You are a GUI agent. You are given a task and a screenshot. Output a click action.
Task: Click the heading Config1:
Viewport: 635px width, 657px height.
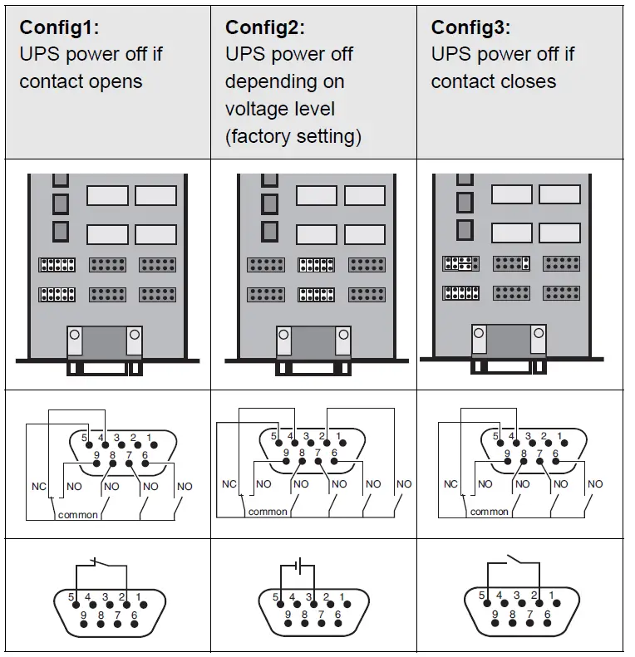pyautogui.click(x=59, y=27)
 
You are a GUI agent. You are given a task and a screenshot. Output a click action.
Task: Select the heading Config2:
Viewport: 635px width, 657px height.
pyautogui.click(x=264, y=27)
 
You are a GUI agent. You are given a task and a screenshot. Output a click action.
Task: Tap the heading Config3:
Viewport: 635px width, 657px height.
pyautogui.click(x=470, y=27)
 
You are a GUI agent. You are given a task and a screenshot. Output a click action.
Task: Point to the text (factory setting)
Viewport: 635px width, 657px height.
pyautogui.click(x=293, y=136)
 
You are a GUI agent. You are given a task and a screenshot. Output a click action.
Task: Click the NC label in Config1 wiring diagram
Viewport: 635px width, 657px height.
pyautogui.click(x=37, y=484)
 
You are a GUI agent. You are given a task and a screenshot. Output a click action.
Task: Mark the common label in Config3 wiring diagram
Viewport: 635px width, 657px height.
pyautogui.click(x=489, y=512)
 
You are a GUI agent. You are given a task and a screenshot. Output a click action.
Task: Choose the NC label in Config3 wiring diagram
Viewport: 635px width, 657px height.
pyautogui.click(x=450, y=484)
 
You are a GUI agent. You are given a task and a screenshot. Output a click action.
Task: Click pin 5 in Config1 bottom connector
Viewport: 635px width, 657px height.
pyautogui.click(x=72, y=596)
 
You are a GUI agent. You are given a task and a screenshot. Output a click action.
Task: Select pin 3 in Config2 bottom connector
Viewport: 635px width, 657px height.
pyautogui.click(x=309, y=596)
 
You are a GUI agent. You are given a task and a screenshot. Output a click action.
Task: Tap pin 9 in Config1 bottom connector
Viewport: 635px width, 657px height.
pyautogui.click(x=83, y=615)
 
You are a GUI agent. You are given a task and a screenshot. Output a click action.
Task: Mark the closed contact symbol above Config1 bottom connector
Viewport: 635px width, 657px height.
pyautogui.click(x=99, y=563)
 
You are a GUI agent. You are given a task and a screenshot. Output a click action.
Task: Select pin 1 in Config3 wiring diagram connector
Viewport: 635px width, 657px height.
pyautogui.click(x=561, y=436)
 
